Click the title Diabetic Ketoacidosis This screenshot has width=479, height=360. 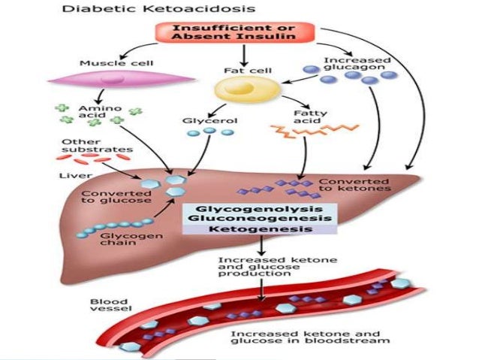(126, 11)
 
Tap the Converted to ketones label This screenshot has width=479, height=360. (354, 186)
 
